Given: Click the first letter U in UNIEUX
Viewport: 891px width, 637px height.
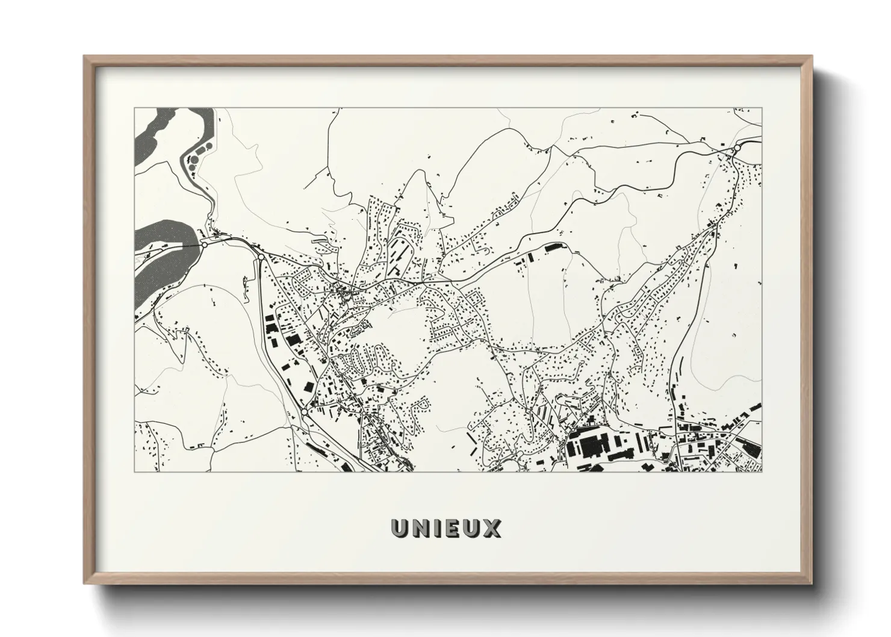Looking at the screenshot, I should click(x=400, y=528).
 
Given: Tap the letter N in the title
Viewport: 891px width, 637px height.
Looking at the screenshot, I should click(x=421, y=528).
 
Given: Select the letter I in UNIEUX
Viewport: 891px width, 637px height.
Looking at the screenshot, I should click(x=438, y=528).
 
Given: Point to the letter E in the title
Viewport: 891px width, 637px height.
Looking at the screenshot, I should click(x=452, y=528).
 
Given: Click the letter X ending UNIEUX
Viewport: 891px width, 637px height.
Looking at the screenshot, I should click(x=491, y=528).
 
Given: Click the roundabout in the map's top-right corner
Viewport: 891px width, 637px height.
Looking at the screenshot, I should click(x=737, y=148).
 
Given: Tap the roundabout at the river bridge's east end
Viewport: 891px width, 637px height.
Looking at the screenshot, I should click(x=205, y=244).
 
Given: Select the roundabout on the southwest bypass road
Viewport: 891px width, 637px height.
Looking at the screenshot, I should click(x=306, y=411).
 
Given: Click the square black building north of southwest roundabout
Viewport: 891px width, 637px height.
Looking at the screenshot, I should click(x=308, y=387).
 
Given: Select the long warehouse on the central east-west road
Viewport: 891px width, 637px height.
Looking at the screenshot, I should click(x=554, y=247).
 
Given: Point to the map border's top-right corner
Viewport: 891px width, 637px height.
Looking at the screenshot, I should click(x=762, y=108).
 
